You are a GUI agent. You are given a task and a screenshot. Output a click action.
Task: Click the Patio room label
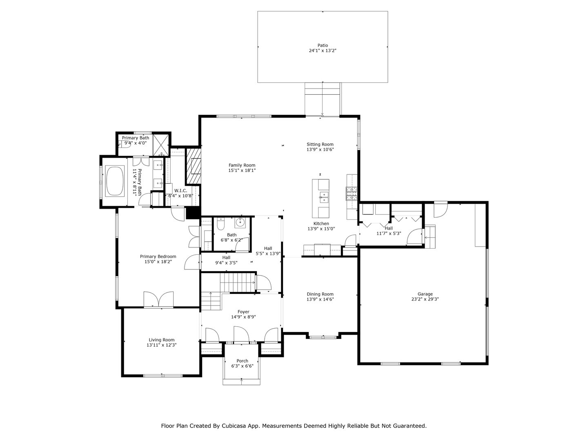tap(323, 45)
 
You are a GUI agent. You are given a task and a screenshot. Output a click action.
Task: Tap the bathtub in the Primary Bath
tap(115, 180)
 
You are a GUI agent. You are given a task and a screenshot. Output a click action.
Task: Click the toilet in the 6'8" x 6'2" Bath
tap(220, 224)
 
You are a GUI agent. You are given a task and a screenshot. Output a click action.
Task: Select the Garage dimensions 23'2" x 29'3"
tap(425, 299)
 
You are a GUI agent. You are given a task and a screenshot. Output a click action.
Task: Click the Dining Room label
tap(320, 294)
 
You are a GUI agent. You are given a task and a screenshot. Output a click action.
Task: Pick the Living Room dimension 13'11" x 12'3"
tap(161, 345)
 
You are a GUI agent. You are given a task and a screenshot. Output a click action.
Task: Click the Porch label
tap(242, 361)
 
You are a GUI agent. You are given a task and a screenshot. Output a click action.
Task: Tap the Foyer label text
tap(243, 312)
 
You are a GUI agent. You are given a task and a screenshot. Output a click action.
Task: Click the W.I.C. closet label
tap(180, 191)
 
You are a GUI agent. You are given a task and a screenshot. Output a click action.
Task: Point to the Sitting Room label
tap(320, 144)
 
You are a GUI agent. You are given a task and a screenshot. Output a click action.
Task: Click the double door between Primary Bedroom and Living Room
tap(158, 300)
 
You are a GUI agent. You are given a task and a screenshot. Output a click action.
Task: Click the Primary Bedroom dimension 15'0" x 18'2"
tap(158, 262)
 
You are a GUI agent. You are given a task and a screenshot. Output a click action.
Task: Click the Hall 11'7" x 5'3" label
tap(389, 228)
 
